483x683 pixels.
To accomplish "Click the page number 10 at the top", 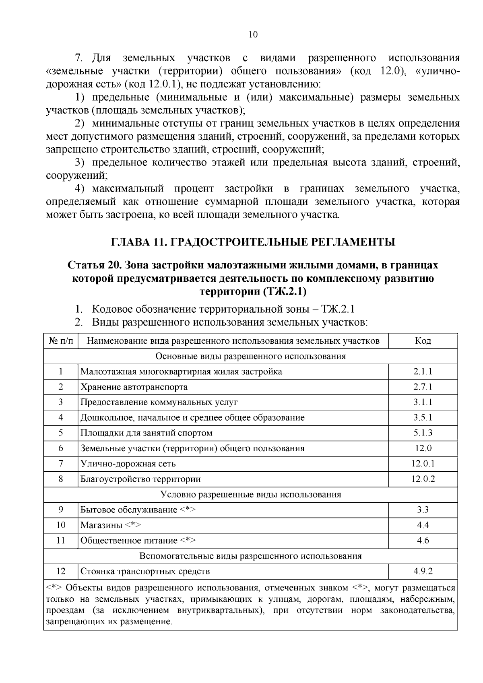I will coord(253,35).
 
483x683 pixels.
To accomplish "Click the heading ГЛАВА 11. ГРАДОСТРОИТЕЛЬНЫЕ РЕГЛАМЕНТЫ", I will coord(253,242).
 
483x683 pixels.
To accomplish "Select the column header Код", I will coord(423,341).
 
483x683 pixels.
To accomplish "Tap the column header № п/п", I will coord(61,341).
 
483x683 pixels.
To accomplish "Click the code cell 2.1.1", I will coord(423,371).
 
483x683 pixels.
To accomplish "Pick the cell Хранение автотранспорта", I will coord(134,387).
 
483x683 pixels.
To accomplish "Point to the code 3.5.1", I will coord(423,417).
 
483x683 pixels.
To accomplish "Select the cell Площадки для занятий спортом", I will coord(147,433).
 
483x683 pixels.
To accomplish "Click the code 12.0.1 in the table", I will coord(423,464).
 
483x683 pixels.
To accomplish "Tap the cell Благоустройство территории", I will coord(140,479).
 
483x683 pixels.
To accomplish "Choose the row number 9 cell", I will coord(61,510).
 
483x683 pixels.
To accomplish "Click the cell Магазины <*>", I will coord(110,525).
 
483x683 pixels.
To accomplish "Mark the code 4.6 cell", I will coord(423,541).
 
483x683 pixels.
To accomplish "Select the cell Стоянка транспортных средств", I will coord(145,571).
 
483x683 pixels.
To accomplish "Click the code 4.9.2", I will coord(423,571).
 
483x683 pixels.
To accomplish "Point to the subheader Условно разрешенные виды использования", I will coord(250,494).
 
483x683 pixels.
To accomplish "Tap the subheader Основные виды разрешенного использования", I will coord(250,356).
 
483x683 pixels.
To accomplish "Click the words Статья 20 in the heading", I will coord(95,265).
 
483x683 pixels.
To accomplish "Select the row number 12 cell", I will coord(61,571).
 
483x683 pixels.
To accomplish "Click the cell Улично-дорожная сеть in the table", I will coord(128,464).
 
